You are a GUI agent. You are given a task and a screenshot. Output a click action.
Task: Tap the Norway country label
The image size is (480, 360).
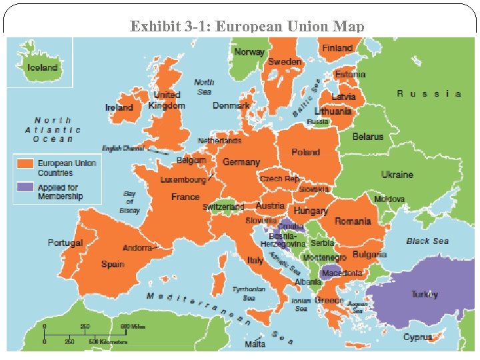pos(249,52)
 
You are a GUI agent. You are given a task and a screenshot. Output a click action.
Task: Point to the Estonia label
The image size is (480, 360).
pos(350,75)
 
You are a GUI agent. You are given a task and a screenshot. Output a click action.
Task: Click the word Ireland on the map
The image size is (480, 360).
pos(119,107)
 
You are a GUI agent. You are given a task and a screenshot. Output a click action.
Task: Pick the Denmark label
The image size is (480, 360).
pos(231,105)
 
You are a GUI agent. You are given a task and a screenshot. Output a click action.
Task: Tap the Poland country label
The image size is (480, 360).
pos(305,152)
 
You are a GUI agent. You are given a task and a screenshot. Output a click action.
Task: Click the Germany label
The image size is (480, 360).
pos(241,162)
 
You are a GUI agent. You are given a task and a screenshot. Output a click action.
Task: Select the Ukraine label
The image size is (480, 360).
pos(397,175)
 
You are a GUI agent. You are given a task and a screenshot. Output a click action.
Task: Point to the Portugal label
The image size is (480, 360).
pos(65,243)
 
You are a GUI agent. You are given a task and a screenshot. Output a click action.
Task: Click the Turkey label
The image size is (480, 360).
pos(424,294)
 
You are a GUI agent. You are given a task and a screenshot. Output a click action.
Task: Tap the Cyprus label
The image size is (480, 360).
pos(417,337)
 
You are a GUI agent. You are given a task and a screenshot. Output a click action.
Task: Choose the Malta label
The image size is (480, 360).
pos(255,344)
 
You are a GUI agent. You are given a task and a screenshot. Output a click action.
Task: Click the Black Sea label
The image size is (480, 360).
pos(427,241)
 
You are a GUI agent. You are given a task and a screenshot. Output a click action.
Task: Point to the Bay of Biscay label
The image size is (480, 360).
pos(129,202)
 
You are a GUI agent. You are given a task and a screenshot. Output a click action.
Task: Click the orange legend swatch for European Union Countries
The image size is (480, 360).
pos(26,163)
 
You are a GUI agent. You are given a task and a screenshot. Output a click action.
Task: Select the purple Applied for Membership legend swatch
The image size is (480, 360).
pos(26,187)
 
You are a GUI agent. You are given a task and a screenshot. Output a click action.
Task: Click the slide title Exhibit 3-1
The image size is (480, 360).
pos(247,27)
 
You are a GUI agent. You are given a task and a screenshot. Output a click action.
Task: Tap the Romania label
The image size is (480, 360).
pos(353,221)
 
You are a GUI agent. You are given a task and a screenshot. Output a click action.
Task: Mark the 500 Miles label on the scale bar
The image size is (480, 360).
pos(133,327)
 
